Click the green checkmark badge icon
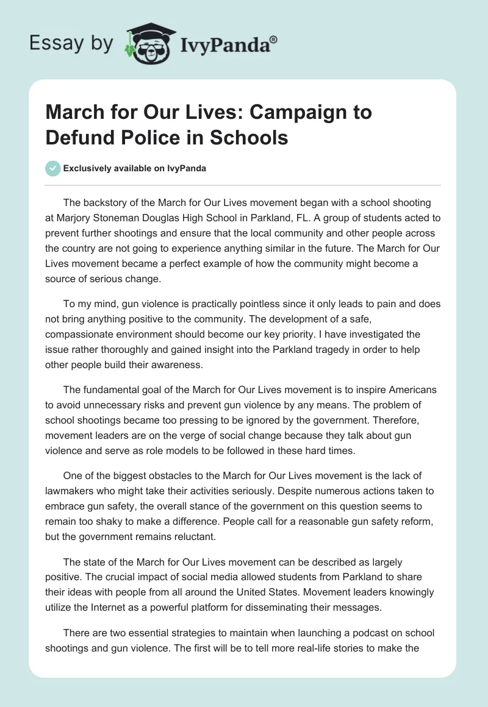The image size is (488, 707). pyautogui.click(x=53, y=168)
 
